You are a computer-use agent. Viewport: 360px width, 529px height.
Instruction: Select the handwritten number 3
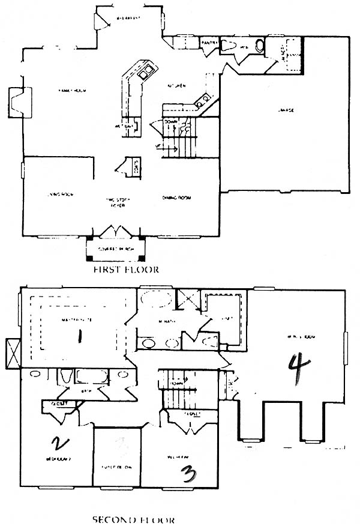(188, 475)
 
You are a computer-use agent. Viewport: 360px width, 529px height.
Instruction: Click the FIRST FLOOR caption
(126, 270)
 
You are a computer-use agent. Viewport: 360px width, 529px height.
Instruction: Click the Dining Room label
(176, 198)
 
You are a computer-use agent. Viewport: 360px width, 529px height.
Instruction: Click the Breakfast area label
(128, 18)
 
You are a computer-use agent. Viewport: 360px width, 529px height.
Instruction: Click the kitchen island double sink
(145, 73)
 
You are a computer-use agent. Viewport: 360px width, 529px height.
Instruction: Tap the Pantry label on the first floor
(209, 43)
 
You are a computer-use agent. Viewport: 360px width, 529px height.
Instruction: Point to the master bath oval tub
(155, 299)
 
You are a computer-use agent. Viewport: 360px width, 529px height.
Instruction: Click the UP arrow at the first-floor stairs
(167, 146)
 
